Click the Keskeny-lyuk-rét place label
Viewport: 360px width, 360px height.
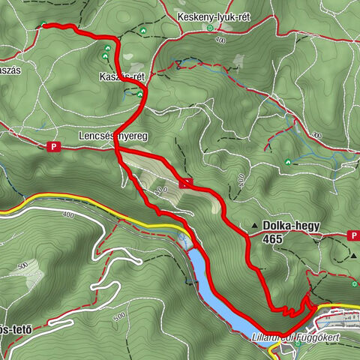pos(208,16)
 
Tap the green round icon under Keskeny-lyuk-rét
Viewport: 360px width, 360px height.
pos(211,28)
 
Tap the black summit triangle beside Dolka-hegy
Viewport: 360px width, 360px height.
pos(256,226)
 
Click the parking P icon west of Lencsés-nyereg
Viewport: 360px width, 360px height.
pos(53,147)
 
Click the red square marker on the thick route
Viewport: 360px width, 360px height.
pos(186,181)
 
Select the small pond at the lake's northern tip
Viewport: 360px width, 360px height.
pos(184,239)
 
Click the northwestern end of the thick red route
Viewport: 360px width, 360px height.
pos(43,25)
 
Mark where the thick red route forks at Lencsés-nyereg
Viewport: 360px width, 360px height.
pos(118,150)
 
